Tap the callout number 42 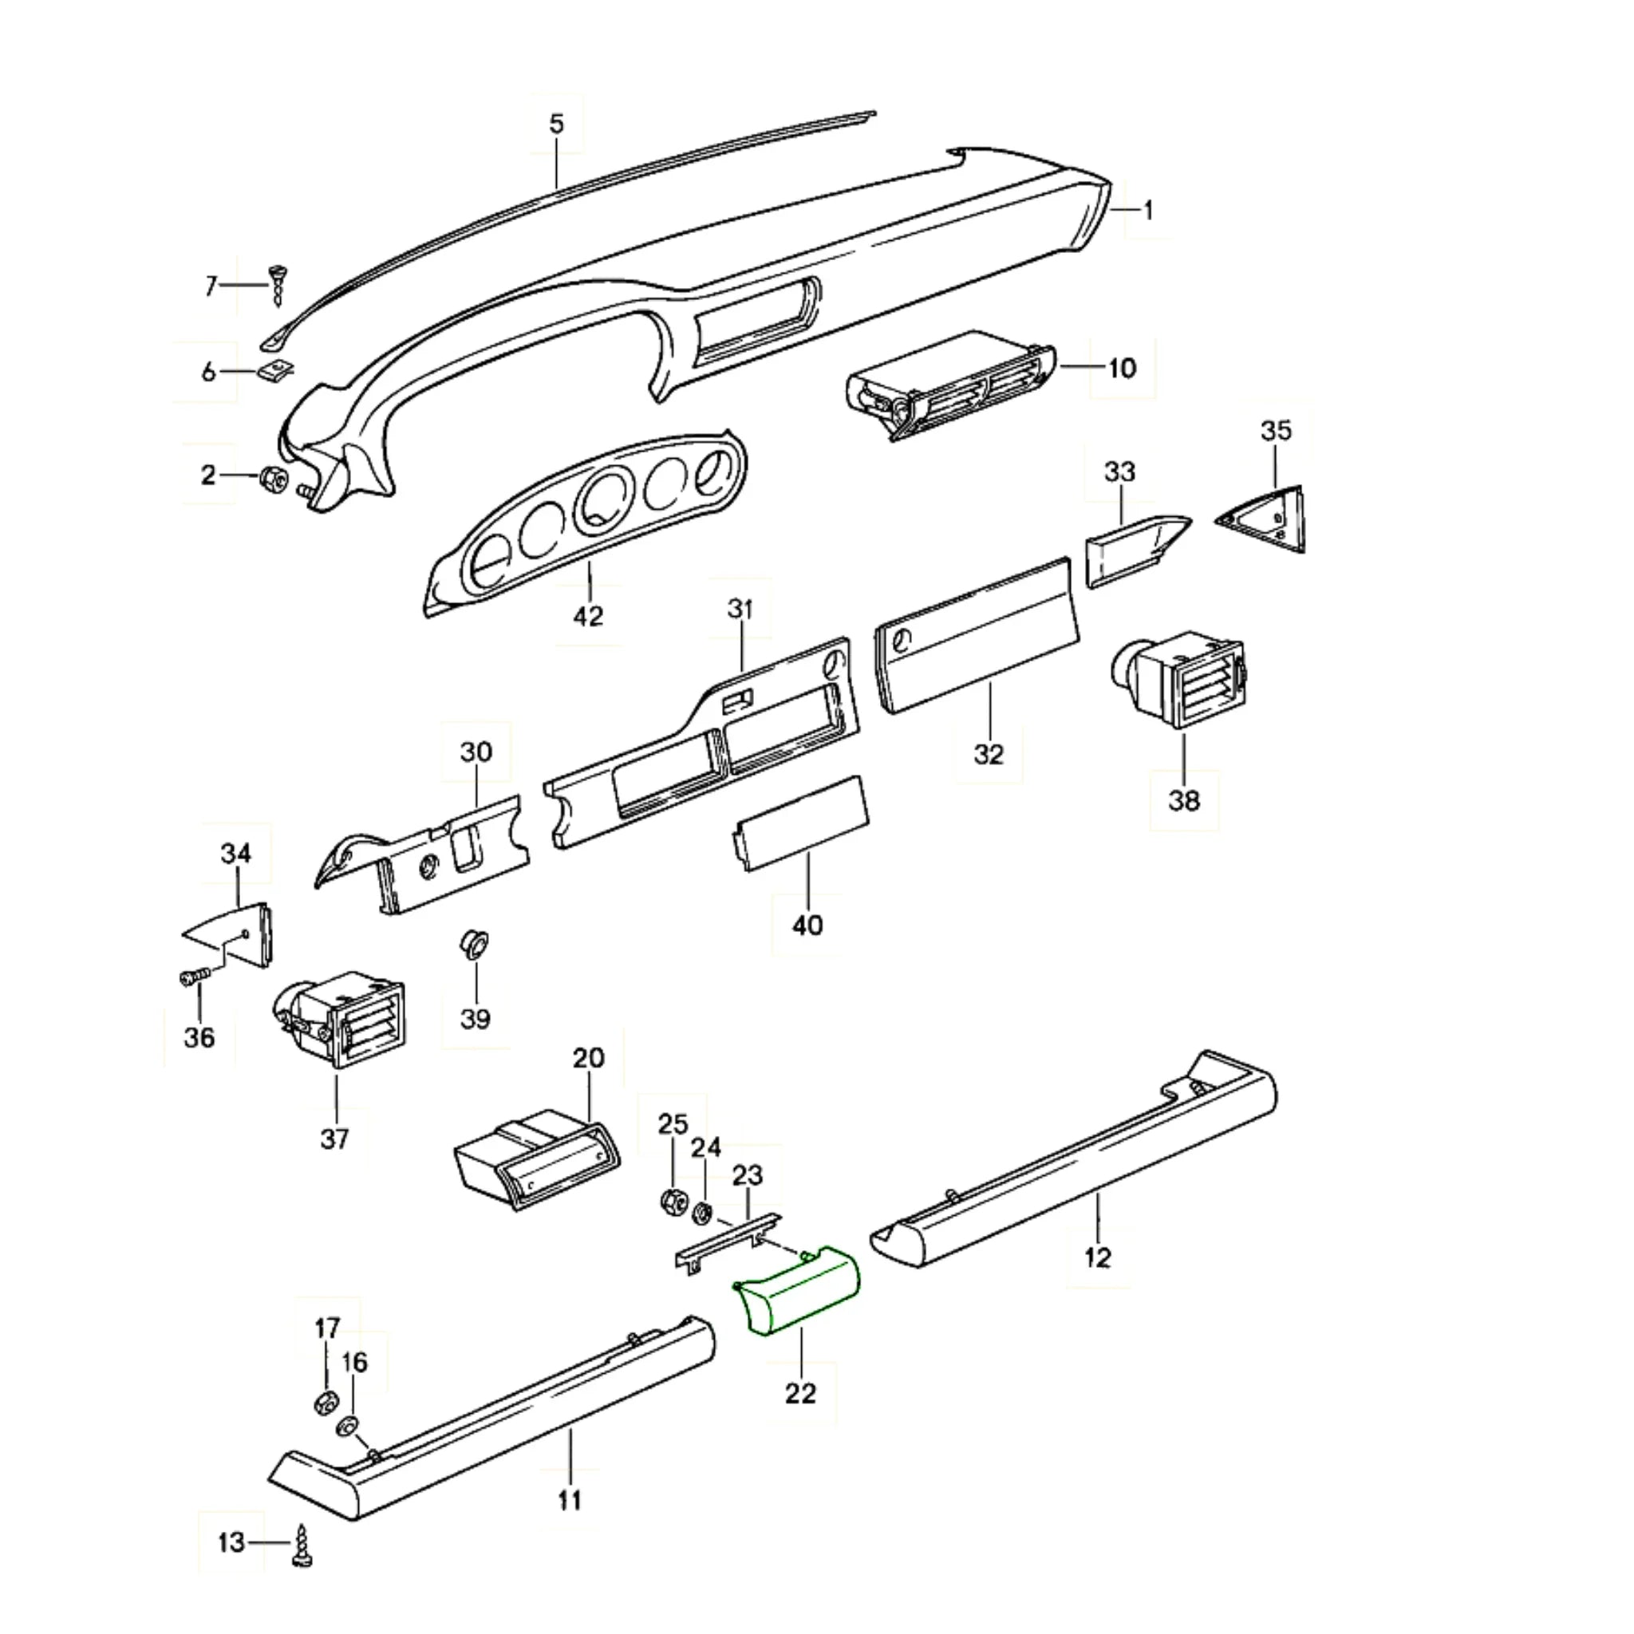588,617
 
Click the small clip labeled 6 275,369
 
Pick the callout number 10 1122,369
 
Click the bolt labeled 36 192,978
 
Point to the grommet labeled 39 475,943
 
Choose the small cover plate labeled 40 800,821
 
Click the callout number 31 740,608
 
